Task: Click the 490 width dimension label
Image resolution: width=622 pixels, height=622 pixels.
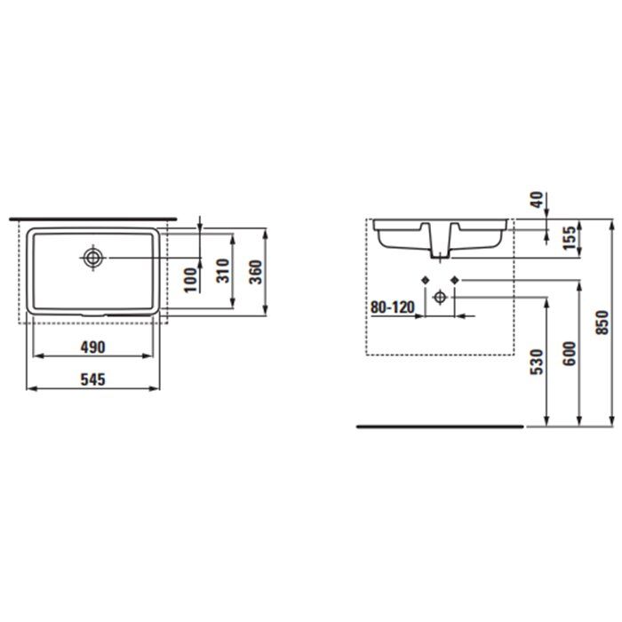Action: [x=94, y=346]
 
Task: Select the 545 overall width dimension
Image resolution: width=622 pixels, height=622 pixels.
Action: [x=92, y=379]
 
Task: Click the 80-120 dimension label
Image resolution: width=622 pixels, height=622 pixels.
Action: [x=392, y=308]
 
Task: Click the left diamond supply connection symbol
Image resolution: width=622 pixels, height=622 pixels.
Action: [x=425, y=281]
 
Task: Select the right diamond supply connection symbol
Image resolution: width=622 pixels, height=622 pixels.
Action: [x=455, y=281]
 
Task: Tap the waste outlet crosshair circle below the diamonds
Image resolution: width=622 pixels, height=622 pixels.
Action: [x=440, y=297]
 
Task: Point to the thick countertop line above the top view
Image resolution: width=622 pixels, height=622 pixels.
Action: [x=93, y=218]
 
